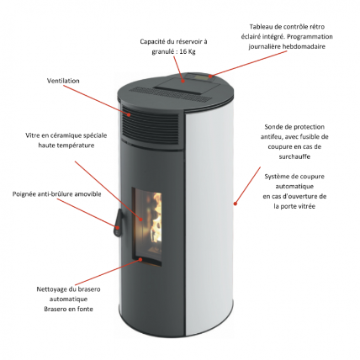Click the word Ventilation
click(x=63, y=81)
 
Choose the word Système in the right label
click(x=274, y=175)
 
